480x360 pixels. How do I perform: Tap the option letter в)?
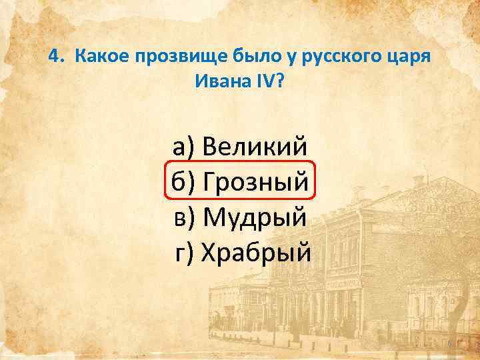coord(183,216)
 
